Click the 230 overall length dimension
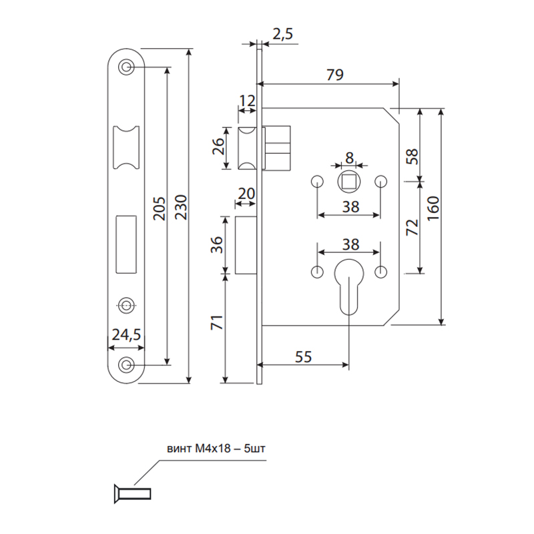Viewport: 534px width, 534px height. tap(182, 207)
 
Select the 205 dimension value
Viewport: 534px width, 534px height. tap(160, 208)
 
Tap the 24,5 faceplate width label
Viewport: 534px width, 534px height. tap(126, 335)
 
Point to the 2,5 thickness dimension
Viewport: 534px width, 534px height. tap(282, 34)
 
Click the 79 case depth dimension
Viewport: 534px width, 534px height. tap(335, 75)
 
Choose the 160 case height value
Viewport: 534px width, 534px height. tap(433, 208)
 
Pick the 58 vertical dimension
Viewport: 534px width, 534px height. tap(412, 157)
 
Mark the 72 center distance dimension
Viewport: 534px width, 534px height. tap(412, 228)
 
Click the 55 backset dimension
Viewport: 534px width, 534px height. tap(303, 356)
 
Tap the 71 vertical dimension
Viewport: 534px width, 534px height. tap(218, 322)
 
